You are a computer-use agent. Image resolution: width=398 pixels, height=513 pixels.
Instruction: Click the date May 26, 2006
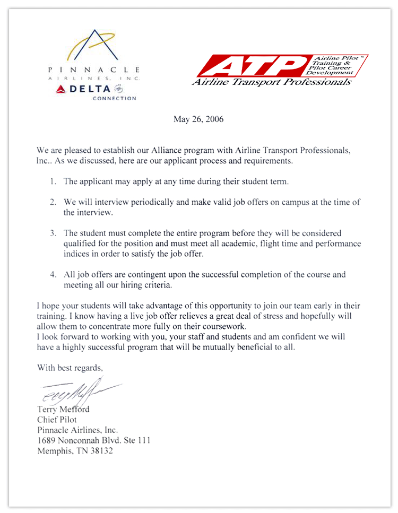pyautogui.click(x=198, y=119)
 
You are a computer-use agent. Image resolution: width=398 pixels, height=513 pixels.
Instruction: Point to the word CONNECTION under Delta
pyautogui.click(x=114, y=98)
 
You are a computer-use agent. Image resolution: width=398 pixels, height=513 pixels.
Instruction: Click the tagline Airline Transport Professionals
pyautogui.click(x=271, y=82)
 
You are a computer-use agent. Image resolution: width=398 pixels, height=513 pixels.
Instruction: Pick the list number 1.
pyautogui.click(x=53, y=181)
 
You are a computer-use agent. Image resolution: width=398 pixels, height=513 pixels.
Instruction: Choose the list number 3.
pyautogui.click(x=53, y=233)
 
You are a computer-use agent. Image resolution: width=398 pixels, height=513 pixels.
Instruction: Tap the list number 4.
pyautogui.click(x=53, y=275)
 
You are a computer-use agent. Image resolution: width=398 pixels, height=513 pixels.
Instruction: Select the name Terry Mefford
pyautogui.click(x=63, y=409)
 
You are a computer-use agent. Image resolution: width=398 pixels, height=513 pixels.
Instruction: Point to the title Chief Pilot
pyautogui.click(x=57, y=420)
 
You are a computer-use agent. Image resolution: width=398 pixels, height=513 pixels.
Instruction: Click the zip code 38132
pyautogui.click(x=101, y=451)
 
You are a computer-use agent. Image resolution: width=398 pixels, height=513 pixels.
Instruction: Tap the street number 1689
pyautogui.click(x=47, y=440)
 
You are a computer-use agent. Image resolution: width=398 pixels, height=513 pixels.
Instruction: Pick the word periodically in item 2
pyautogui.click(x=146, y=203)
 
